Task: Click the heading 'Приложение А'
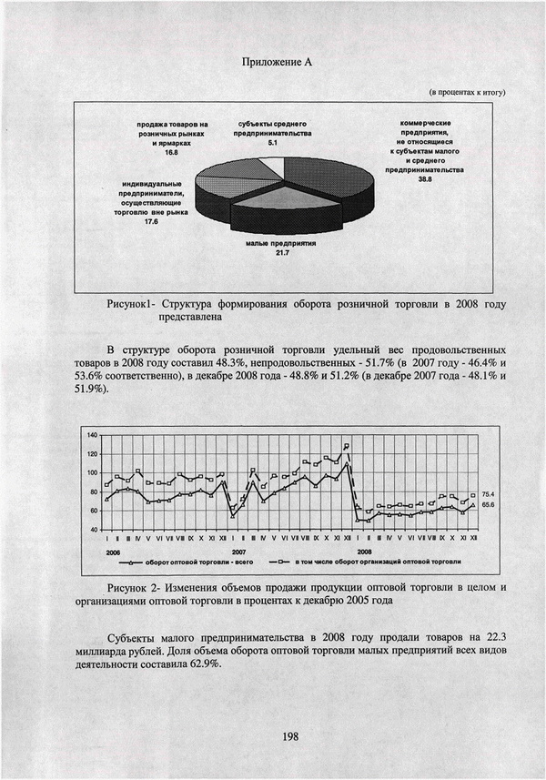coord(278,62)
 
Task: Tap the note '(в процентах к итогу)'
coord(467,93)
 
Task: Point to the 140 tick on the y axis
coord(91,436)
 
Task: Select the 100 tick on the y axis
coord(91,473)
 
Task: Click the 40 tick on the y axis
coord(93,529)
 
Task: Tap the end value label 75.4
coord(487,492)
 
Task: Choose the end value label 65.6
coord(487,503)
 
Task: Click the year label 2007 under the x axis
coord(239,552)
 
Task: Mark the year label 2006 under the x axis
coord(113,552)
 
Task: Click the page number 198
coord(290,735)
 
